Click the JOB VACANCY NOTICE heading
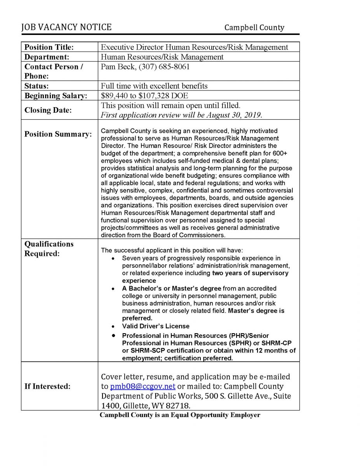(x=67, y=27)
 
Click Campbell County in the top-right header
(x=254, y=28)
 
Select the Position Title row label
(x=49, y=47)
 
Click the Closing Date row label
(x=48, y=110)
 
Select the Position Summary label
(x=58, y=134)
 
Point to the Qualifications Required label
(x=49, y=249)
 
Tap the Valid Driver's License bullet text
(x=156, y=326)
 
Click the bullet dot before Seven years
(x=113, y=258)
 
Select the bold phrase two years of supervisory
(x=250, y=273)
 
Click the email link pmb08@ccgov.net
(x=143, y=386)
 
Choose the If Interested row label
(x=47, y=386)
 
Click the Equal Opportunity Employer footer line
(x=180, y=415)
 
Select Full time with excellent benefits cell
(x=154, y=86)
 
